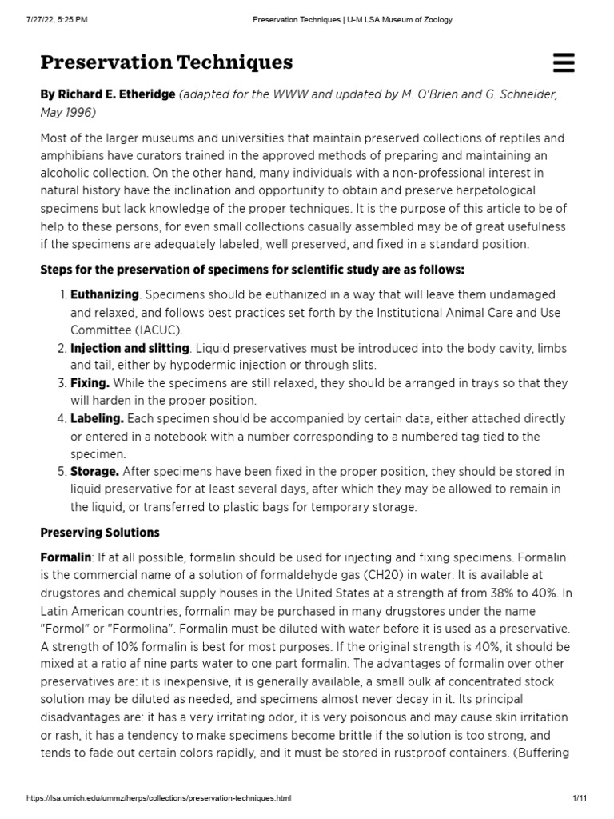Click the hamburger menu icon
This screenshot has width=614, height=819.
[x=563, y=62]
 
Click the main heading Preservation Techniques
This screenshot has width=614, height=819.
[x=166, y=62]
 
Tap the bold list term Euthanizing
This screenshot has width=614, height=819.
[x=104, y=295]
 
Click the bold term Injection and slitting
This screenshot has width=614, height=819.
[x=130, y=348]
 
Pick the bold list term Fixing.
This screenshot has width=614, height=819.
[x=90, y=383]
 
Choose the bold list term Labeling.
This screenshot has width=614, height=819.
[x=97, y=418]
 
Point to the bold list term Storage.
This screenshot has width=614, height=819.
[x=94, y=471]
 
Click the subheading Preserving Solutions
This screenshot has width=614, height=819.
[x=100, y=532]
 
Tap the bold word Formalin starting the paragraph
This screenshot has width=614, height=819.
[x=66, y=556]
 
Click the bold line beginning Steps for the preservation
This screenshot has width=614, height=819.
[x=252, y=270]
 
